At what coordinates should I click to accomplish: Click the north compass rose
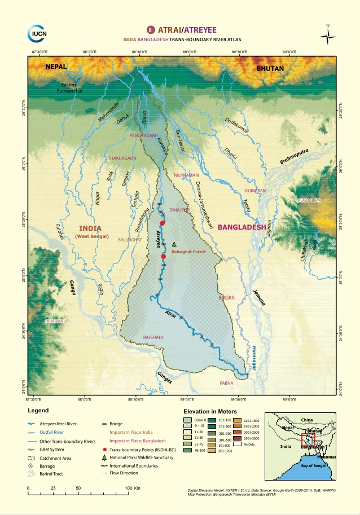(327, 37)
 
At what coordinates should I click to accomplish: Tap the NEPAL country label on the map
(56, 67)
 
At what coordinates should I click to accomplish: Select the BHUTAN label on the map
(270, 68)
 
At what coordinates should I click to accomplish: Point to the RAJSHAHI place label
(153, 337)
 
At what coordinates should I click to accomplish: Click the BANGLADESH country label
(242, 227)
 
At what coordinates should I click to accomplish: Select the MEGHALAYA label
(309, 200)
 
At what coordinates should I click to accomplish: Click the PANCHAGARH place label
(143, 136)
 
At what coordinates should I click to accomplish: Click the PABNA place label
(227, 382)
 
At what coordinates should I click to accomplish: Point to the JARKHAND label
(55, 321)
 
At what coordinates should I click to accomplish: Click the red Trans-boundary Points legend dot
(105, 448)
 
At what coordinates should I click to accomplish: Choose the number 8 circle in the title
(150, 29)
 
